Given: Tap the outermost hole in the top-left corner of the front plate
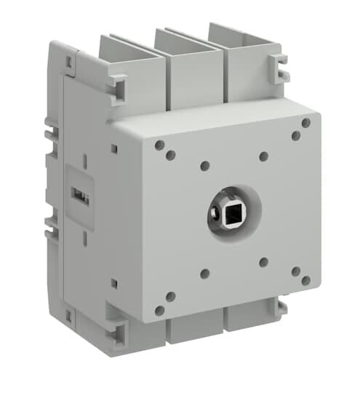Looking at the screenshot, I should point(159,145).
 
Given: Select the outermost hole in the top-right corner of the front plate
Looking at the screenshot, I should point(306,123).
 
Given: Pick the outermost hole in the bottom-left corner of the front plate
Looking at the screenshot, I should point(159,310).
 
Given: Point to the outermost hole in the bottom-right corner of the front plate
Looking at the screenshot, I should point(306,280).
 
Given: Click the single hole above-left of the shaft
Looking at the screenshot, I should point(205,166).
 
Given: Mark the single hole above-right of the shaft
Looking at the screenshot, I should point(264,156).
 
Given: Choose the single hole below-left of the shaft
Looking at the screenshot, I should point(205,274).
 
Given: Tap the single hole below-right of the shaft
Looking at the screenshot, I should point(264,262).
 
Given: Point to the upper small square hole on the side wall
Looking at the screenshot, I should point(113,148).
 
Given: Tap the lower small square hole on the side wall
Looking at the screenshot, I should point(113,282).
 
